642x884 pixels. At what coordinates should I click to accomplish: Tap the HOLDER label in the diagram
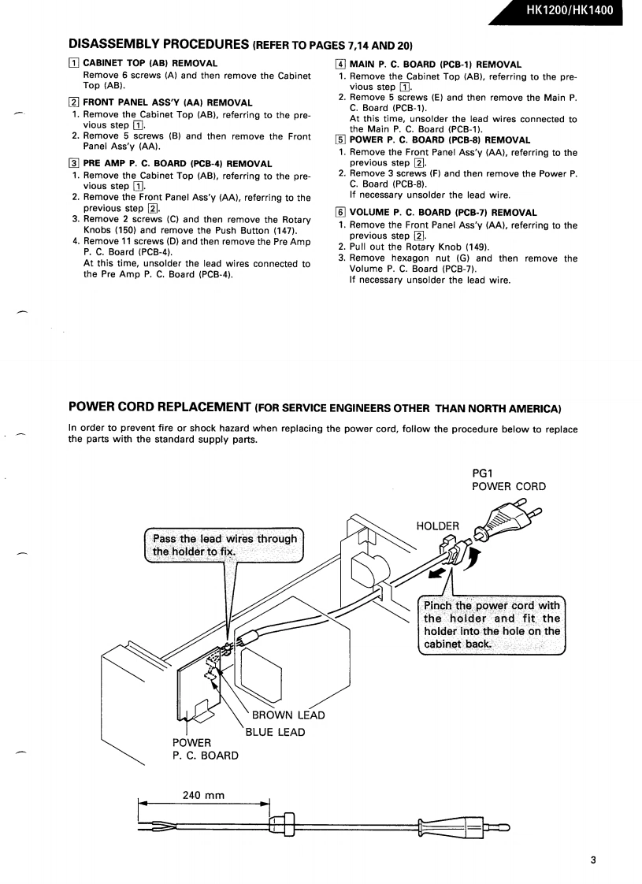point(437,526)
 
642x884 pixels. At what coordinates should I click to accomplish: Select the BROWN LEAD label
point(288,715)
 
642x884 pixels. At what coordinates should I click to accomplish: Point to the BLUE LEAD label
point(275,732)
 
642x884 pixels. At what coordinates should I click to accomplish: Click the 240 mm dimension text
point(204,795)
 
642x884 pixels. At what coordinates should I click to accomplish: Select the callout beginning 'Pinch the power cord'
point(492,618)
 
